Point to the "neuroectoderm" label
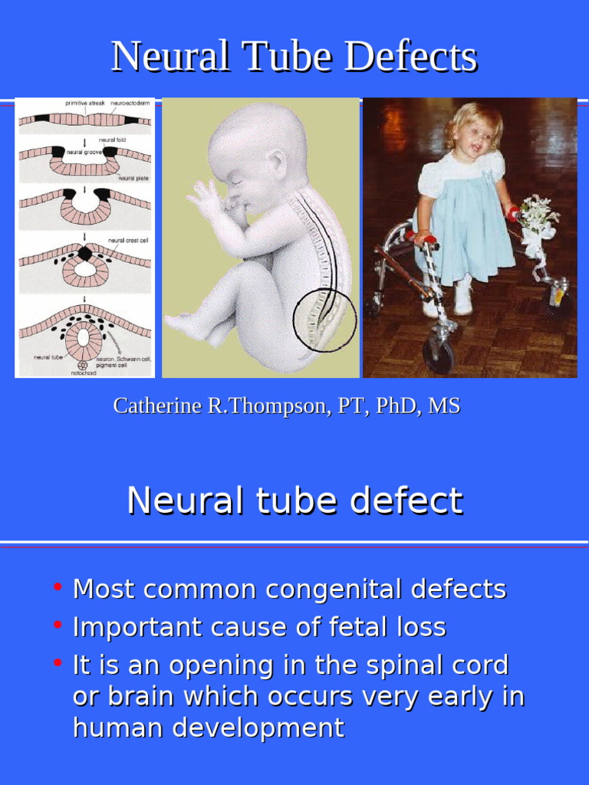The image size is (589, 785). click(x=130, y=102)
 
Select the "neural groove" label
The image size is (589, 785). click(x=84, y=153)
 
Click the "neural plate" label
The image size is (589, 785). click(x=131, y=178)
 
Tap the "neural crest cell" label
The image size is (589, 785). click(x=127, y=240)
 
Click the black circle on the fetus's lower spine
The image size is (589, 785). click(x=324, y=320)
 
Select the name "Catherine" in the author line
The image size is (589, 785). click(x=158, y=406)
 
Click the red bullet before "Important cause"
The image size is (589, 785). click(x=58, y=625)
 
